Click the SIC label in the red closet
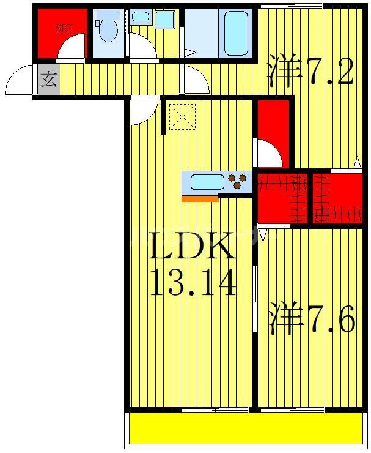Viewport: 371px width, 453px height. coord(63,28)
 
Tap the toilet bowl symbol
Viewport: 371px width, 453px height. coord(109,29)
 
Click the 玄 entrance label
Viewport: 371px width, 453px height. coord(49,80)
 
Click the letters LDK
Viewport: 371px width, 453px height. coord(192,248)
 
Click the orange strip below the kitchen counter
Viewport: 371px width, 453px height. coord(200,198)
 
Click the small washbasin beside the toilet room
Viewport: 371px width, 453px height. coord(140,17)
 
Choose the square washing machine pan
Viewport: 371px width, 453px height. coord(164,20)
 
